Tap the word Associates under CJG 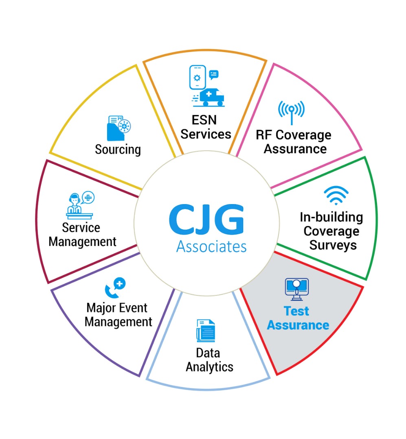pos(211,246)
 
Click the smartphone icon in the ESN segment pos(198,78)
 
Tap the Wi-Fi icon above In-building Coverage pos(336,196)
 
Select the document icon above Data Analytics pos(206,330)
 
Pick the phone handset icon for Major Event pos(115,288)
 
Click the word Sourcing pos(118,149)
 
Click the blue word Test pos(296,311)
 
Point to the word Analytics pos(210,367)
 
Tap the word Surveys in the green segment pos(333,245)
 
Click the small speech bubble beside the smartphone pos(214,74)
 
